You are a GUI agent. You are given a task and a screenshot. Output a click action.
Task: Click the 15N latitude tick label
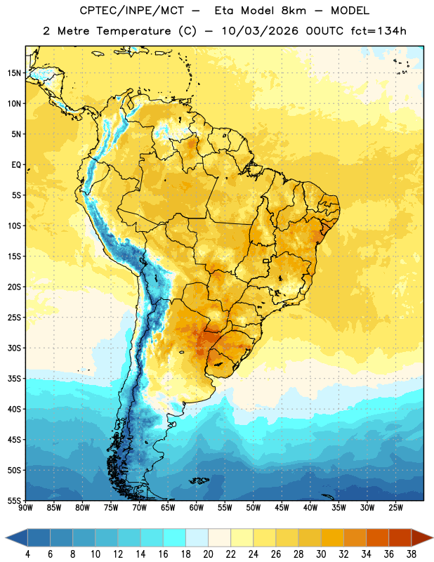coord(14,73)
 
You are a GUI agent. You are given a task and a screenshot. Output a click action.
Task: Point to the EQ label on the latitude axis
coord(16,165)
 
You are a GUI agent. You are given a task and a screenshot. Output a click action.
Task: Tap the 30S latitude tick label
coord(14,348)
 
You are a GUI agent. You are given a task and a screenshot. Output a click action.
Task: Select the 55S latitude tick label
coord(14,501)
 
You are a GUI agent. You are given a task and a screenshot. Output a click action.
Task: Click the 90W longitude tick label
coord(25,508)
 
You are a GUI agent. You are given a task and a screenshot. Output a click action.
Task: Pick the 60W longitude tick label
coord(197,508)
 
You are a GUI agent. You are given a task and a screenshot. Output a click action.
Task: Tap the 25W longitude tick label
coord(395,508)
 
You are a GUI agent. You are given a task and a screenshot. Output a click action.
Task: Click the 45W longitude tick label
coord(282,508)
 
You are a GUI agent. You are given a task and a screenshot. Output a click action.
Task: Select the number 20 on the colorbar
coord(208,554)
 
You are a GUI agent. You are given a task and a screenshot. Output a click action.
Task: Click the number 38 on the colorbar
coord(412,554)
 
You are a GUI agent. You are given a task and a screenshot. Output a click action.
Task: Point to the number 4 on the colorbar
coord(27,554)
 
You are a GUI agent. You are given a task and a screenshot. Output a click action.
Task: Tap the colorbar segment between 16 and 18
coord(175,538)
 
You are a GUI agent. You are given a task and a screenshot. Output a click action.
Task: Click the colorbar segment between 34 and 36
coord(377,538)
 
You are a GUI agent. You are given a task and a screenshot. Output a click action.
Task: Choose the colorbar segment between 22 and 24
coord(242,538)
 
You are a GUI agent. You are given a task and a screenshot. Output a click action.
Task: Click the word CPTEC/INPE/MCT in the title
coord(131,11)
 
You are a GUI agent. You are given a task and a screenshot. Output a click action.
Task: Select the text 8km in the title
coord(294,11)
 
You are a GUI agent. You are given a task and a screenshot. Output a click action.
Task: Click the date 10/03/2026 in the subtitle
coord(260,31)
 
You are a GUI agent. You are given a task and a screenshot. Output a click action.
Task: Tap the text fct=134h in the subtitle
coord(379,31)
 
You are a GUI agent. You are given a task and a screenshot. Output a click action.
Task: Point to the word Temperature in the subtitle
coord(133,31)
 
